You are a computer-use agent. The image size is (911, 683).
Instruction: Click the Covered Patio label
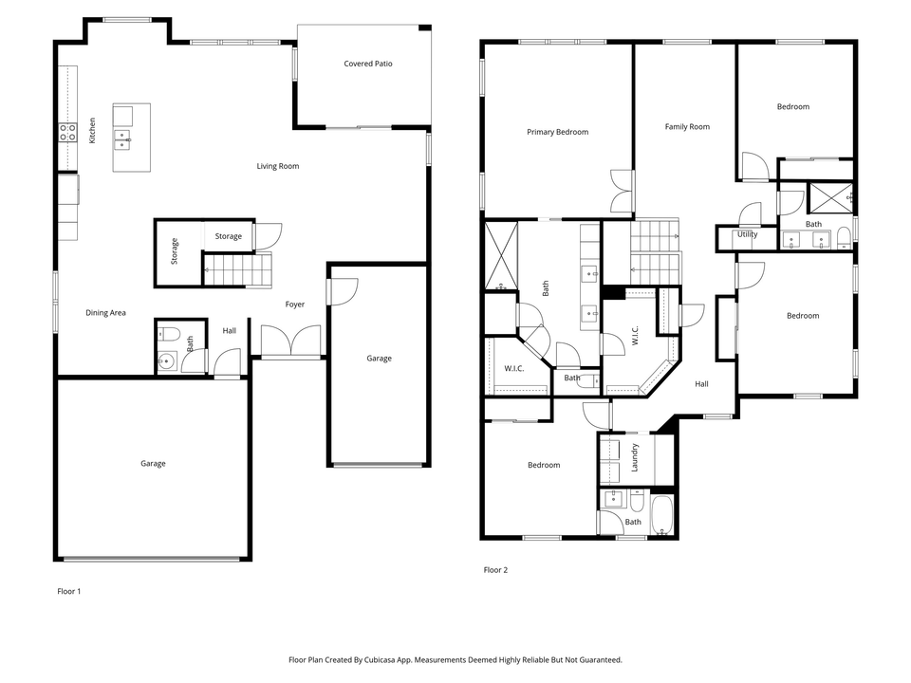[x=367, y=64]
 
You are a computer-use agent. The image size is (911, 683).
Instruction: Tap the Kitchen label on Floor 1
[x=92, y=130]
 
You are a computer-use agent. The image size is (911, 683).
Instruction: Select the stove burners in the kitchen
[x=68, y=133]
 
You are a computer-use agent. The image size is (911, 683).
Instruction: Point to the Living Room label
[x=277, y=166]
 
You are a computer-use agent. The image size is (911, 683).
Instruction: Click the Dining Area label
[x=105, y=312]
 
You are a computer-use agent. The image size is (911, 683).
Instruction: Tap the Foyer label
[x=295, y=305]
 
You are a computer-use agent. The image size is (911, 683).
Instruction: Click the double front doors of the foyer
[x=290, y=341]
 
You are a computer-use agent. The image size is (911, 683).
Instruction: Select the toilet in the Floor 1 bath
[x=167, y=332]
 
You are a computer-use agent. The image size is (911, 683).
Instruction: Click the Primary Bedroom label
[x=557, y=132]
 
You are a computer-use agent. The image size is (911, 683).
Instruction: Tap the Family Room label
[x=687, y=126]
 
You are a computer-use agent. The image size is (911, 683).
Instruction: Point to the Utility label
[x=747, y=233]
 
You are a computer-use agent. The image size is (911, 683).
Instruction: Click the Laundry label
[x=635, y=457]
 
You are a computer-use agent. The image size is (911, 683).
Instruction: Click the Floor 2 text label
[x=495, y=570]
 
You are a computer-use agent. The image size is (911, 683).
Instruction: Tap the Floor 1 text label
[x=69, y=591]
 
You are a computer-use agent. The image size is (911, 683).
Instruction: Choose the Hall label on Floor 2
[x=701, y=384]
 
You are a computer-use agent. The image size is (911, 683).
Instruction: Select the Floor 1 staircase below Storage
[x=237, y=270]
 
